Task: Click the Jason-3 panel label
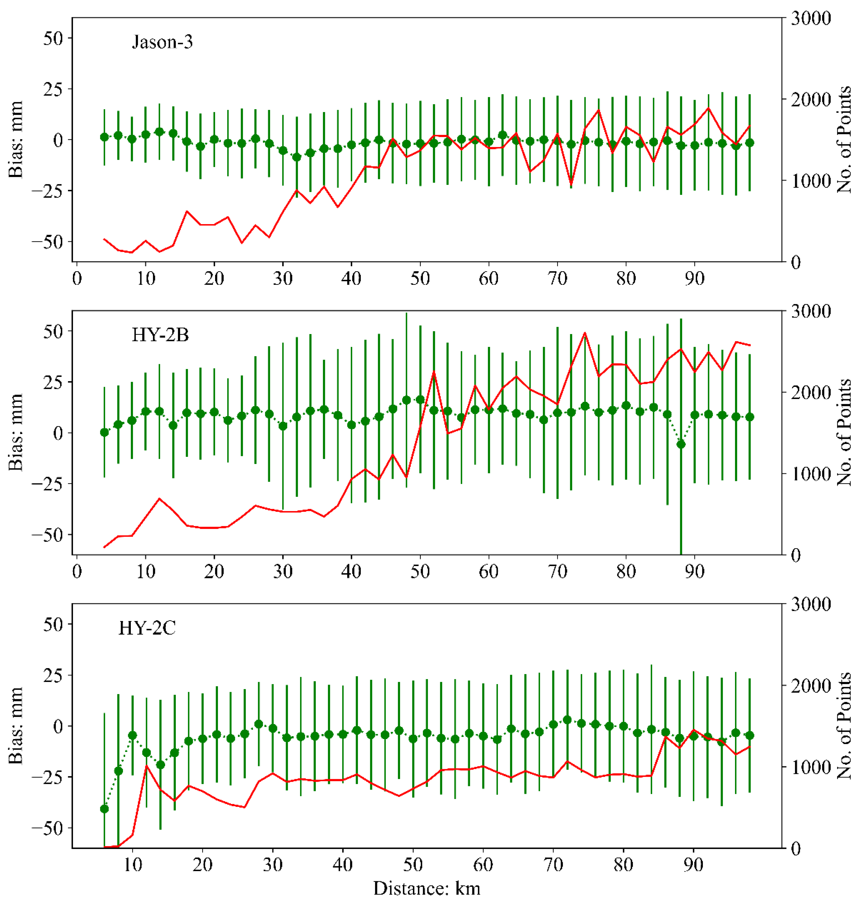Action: pyautogui.click(x=162, y=42)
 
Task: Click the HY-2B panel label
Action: pyautogui.click(x=160, y=335)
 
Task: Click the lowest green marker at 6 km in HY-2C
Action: pyautogui.click(x=104, y=809)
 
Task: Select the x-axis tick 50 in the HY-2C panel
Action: pyautogui.click(x=413, y=865)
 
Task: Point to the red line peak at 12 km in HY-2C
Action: pyautogui.click(x=146, y=766)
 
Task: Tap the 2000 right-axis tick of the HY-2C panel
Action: pyautogui.click(x=810, y=686)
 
